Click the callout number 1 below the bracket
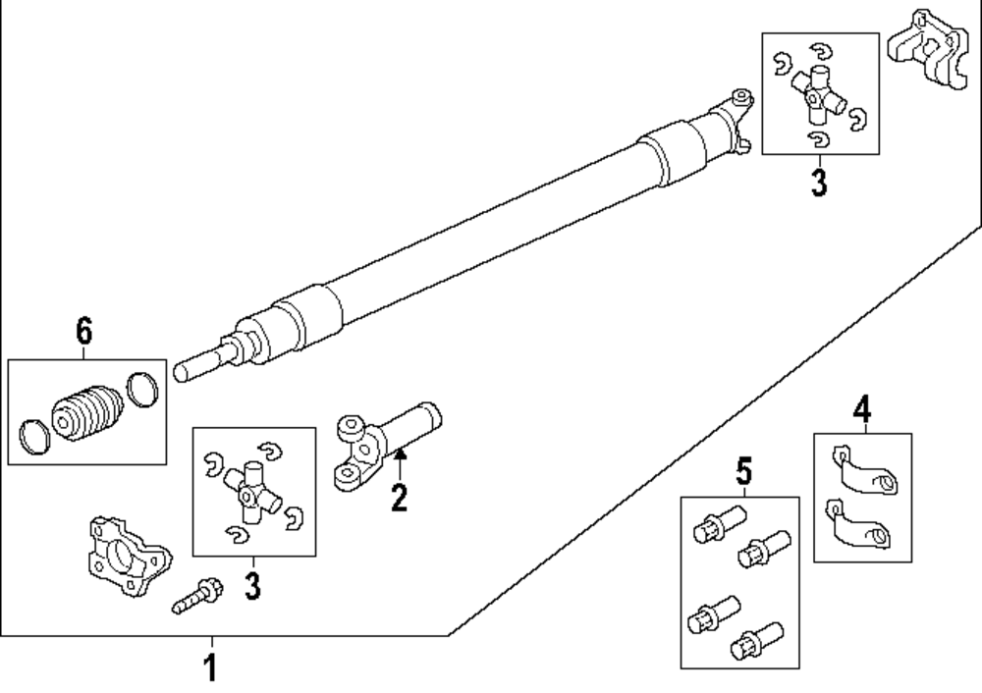click(x=211, y=667)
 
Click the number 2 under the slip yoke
click(x=399, y=498)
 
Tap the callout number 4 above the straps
click(x=862, y=410)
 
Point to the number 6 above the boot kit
click(x=84, y=331)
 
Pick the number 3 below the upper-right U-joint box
click(x=819, y=183)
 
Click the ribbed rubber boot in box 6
click(x=86, y=413)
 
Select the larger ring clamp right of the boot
click(x=142, y=390)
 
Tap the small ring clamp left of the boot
click(x=34, y=437)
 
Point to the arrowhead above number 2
click(x=400, y=453)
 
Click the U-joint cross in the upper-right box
click(x=817, y=95)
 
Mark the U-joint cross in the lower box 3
click(x=250, y=494)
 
